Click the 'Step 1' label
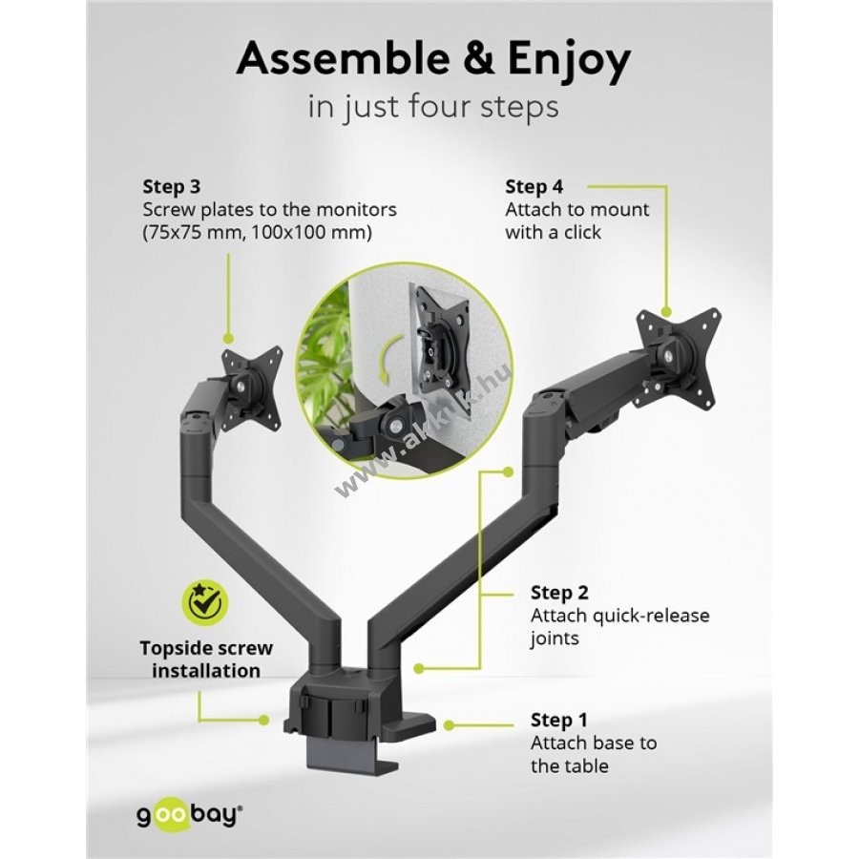(558, 720)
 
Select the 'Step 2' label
(559, 593)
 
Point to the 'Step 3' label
(172, 187)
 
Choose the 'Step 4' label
(534, 187)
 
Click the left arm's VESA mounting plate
(252, 385)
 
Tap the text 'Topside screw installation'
(206, 659)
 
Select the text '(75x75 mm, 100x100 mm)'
(258, 233)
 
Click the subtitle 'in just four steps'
(433, 107)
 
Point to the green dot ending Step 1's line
(450, 725)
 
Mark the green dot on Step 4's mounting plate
(666, 312)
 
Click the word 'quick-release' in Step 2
(642, 616)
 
